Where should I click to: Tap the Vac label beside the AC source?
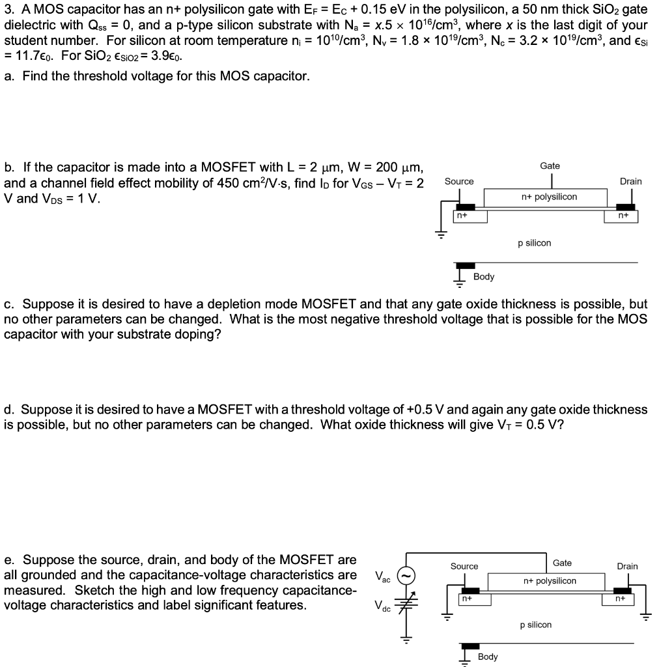tap(384, 576)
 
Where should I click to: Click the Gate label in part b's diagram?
tap(550, 166)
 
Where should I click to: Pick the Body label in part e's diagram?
tap(487, 657)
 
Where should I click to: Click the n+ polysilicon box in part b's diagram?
tap(549, 197)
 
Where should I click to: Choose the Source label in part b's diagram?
tap(459, 181)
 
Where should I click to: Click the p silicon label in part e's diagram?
tap(535, 625)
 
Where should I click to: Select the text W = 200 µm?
tap(389, 168)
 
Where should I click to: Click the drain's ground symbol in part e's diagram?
tap(646, 618)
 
